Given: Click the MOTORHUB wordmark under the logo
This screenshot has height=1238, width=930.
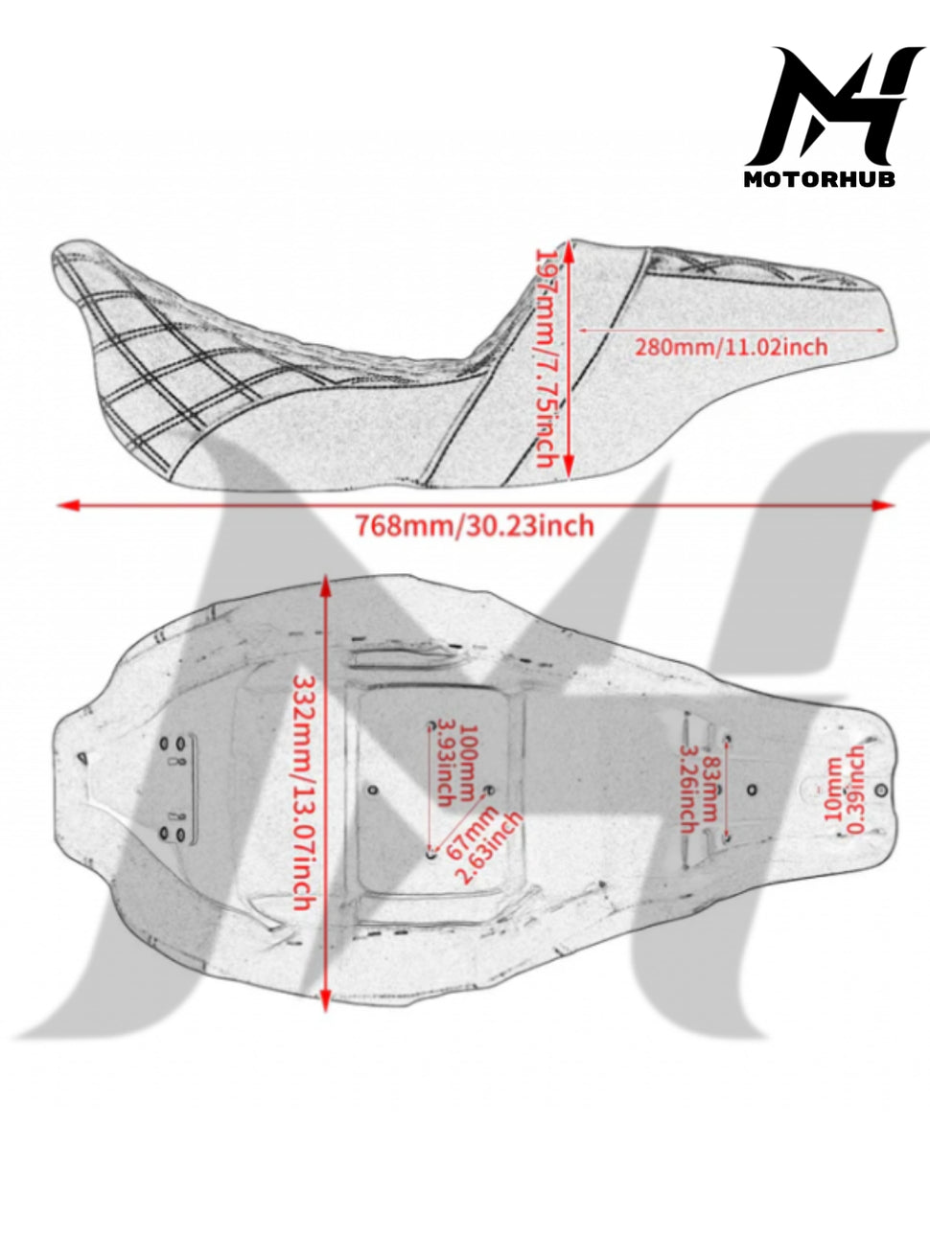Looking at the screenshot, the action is (820, 179).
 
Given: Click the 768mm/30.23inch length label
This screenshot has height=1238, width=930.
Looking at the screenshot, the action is (474, 526).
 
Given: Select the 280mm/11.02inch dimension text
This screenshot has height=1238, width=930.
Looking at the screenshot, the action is (732, 346).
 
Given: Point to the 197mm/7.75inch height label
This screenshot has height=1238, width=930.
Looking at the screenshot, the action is (546, 358).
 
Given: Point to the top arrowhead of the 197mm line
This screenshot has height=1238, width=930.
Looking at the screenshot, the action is (569, 252).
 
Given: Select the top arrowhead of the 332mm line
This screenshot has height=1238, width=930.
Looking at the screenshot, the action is (325, 586).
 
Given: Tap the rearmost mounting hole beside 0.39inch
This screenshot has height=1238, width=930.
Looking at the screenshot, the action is (881, 791).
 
